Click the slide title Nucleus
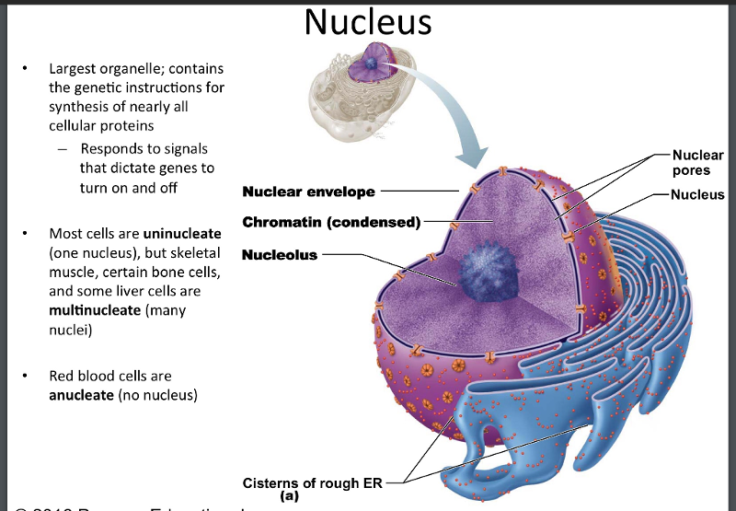368,21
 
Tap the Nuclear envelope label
308,192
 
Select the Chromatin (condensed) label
330,223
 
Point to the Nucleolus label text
280,254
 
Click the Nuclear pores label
697,163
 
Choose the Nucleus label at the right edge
697,194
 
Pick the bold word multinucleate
95,310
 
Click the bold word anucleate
80,396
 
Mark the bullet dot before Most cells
28,233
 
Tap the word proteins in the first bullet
128,126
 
